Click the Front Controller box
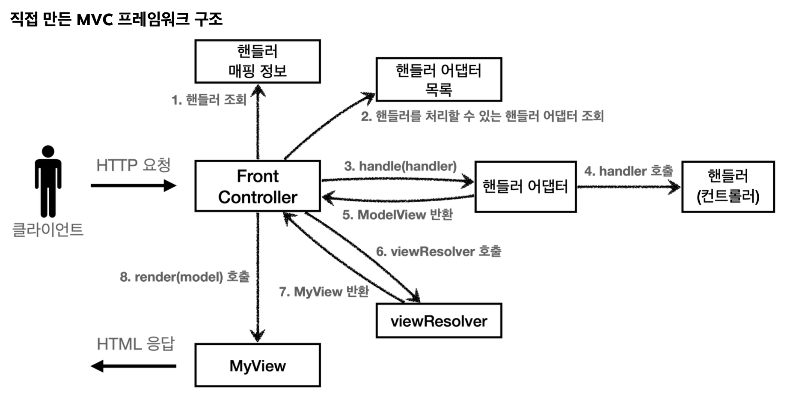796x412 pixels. click(257, 186)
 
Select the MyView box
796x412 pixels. click(257, 365)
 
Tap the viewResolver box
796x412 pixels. click(439, 321)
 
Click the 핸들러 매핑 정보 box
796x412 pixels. click(257, 61)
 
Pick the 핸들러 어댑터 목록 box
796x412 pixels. click(439, 79)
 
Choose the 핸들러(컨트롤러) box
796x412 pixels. click(728, 186)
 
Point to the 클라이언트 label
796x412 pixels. click(48, 230)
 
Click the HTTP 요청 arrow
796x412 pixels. click(133, 185)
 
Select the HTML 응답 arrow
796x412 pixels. click(133, 366)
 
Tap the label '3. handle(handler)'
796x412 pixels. click(400, 166)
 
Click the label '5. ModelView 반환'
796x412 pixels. click(397, 215)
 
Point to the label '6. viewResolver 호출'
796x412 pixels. click(438, 251)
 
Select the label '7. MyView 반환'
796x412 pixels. click(324, 292)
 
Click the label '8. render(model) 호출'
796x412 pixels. click(184, 277)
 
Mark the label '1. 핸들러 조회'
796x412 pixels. click(209, 100)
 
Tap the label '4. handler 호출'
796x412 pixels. click(628, 171)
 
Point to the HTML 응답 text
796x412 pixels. click(136, 344)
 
